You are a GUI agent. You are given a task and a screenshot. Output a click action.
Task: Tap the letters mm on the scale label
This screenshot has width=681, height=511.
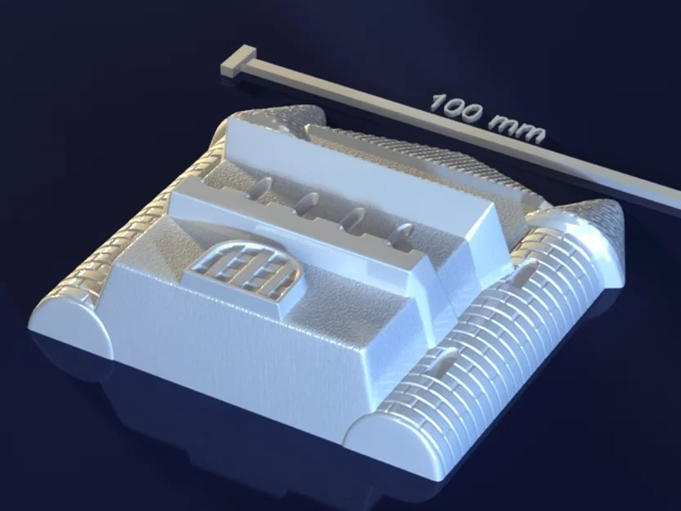[x=516, y=129]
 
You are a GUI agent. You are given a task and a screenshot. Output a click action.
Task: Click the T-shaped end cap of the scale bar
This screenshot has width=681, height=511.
[x=238, y=63]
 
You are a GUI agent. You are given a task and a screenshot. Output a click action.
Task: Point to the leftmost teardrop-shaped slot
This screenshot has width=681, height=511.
[x=261, y=187]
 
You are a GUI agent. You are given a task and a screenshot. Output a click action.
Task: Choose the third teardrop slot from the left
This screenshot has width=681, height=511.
[x=354, y=219]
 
